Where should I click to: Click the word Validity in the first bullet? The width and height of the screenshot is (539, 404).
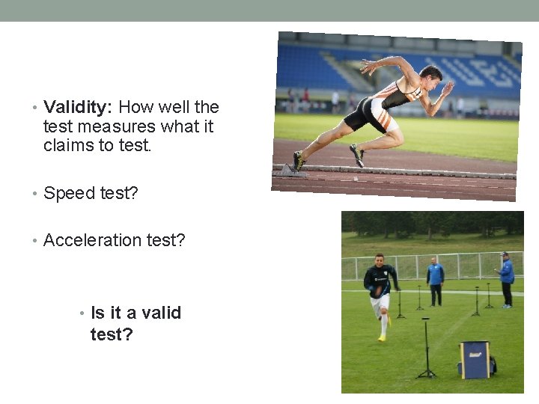[x=78, y=107]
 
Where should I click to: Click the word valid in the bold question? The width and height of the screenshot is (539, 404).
[x=159, y=313]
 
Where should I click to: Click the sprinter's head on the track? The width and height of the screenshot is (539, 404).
[x=431, y=75]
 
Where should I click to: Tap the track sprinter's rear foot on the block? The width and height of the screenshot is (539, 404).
[x=299, y=161]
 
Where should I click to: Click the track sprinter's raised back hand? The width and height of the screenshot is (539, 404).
[x=368, y=66]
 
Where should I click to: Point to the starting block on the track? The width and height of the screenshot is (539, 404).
[x=288, y=170]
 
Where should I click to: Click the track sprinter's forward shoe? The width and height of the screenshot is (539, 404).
[x=357, y=155]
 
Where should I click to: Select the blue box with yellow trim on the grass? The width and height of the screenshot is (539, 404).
[x=474, y=359]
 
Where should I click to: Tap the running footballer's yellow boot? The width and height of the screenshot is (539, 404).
[x=382, y=337]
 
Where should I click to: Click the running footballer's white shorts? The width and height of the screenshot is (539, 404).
[x=380, y=301]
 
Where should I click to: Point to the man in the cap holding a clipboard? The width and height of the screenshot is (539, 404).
[x=507, y=278]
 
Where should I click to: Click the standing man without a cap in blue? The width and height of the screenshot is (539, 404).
[x=435, y=279]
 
